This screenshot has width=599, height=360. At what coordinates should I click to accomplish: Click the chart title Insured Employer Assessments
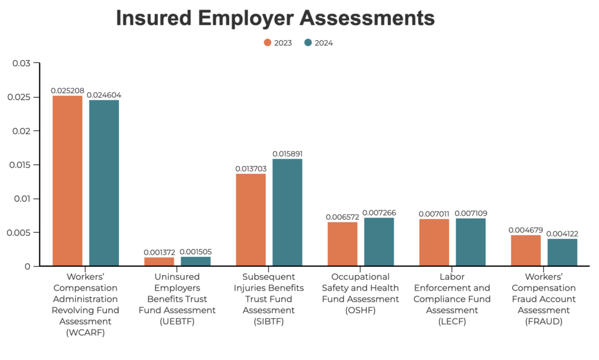275,18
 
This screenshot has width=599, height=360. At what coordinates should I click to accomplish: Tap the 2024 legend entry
319,43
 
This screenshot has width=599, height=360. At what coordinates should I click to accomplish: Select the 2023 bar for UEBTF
159,262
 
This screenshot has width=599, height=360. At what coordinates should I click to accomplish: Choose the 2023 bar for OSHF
342,244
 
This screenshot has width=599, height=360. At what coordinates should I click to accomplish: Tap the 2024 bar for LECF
470,242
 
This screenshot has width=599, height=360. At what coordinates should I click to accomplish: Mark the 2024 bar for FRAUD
562,252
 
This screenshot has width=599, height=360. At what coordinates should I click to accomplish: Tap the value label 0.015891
287,154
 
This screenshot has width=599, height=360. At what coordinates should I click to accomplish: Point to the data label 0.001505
196,252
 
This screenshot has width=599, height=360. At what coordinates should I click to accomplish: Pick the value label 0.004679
525,230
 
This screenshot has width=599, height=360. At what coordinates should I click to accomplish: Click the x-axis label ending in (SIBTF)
269,299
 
